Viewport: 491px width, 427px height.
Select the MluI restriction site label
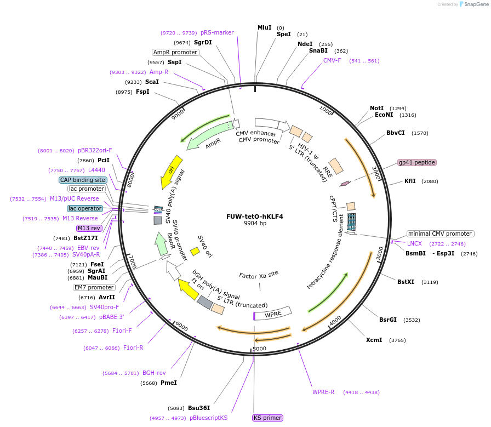tap(265, 27)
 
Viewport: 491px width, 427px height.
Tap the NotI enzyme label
tap(376, 108)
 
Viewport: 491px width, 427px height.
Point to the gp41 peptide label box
tap(417, 162)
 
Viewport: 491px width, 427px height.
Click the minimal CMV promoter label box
tap(440, 234)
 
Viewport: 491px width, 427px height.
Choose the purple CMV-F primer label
tap(332, 60)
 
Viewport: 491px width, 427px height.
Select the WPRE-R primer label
tap(323, 392)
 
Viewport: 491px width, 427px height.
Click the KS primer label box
tap(267, 418)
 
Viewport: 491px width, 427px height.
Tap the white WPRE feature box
tap(273, 315)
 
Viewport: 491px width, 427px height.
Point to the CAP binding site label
tap(82, 180)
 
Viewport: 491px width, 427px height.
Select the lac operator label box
tap(85, 208)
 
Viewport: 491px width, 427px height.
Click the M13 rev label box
tap(89, 228)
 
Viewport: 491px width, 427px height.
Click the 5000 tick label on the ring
tap(259, 348)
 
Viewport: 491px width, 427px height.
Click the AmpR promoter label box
tap(175, 52)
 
